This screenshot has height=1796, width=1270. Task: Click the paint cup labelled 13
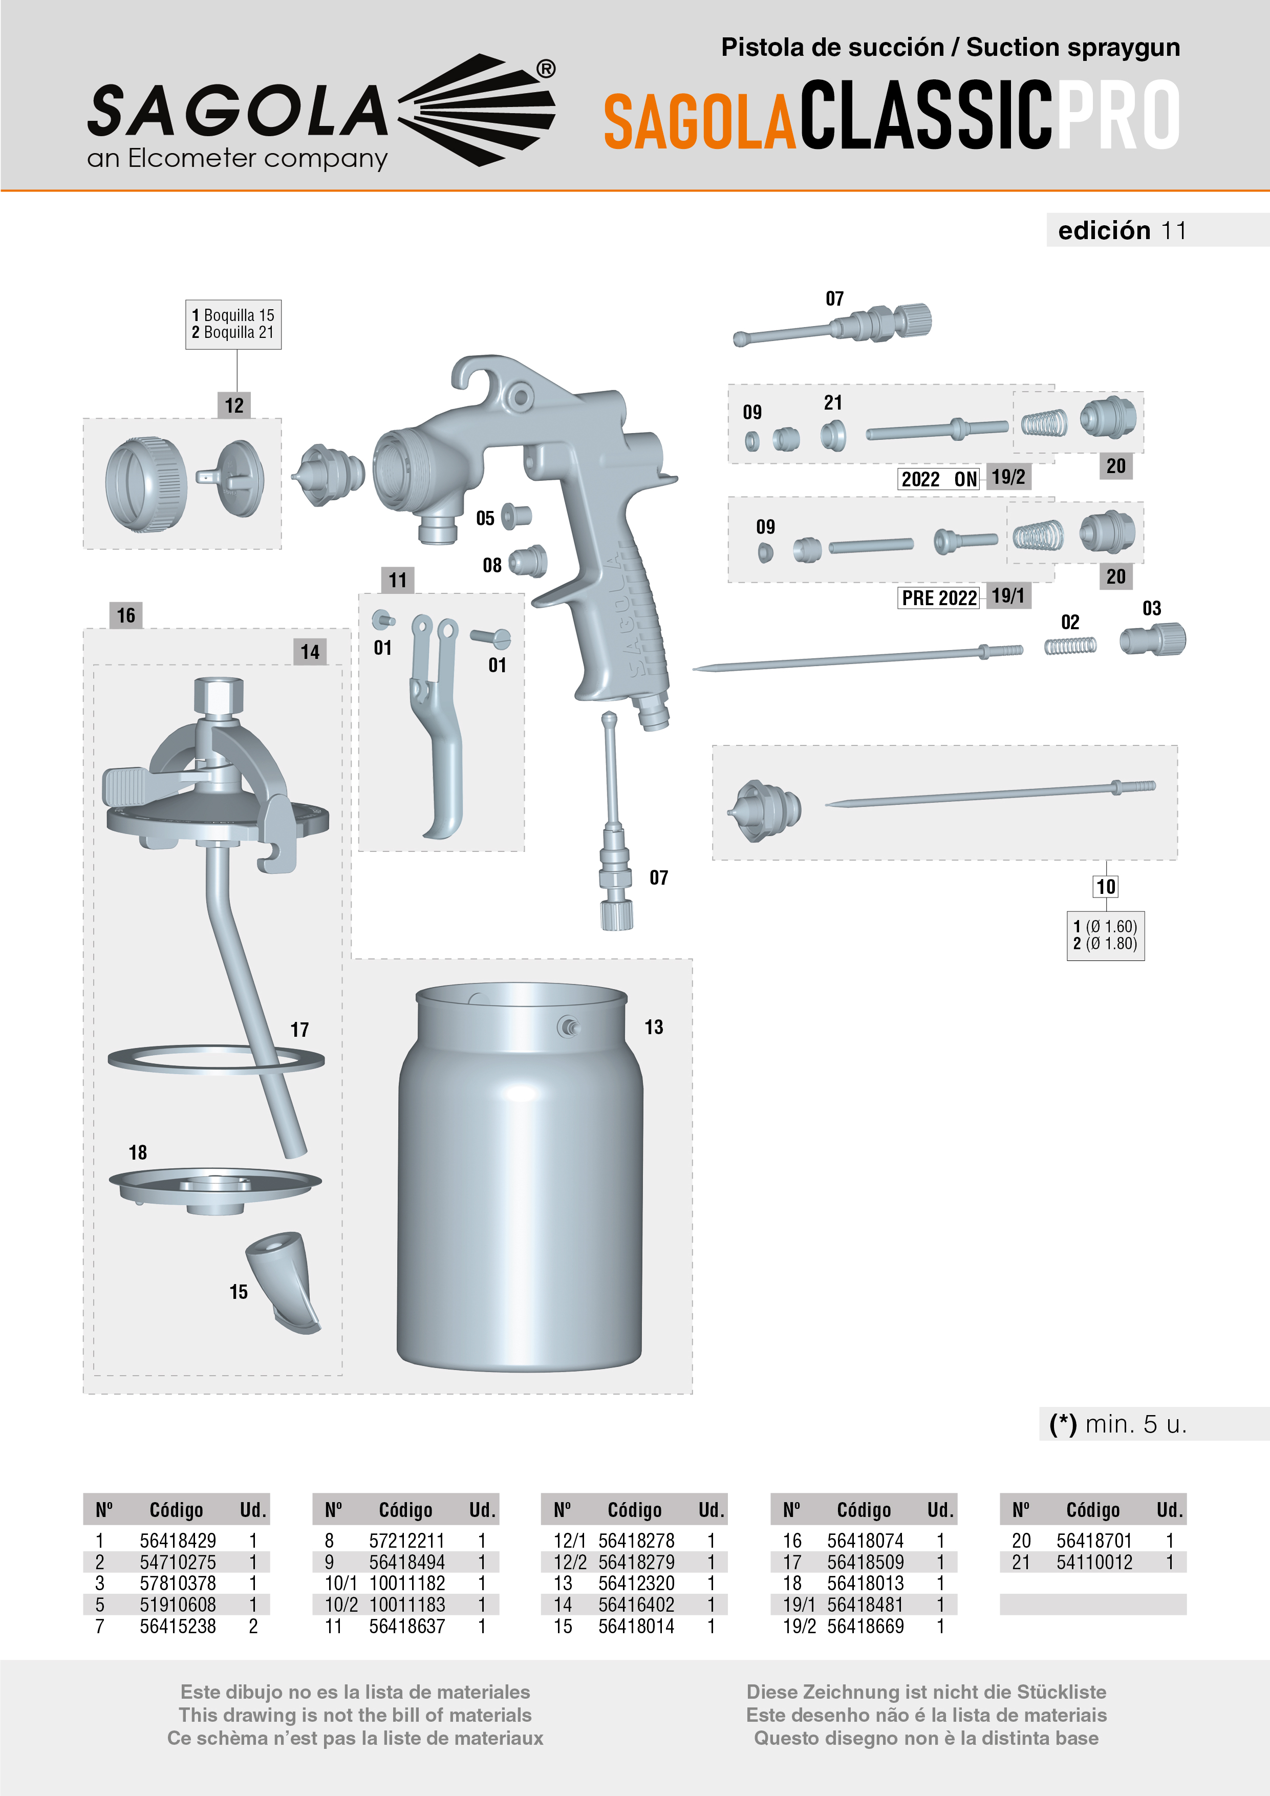(x=520, y=1181)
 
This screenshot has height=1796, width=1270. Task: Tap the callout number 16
(x=126, y=615)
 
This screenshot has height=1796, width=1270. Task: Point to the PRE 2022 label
(x=938, y=598)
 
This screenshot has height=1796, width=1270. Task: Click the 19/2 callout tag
(x=1008, y=477)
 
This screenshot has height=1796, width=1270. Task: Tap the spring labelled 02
(x=1070, y=646)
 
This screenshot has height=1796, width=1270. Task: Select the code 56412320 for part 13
(x=636, y=1583)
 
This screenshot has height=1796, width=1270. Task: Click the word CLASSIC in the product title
(x=926, y=115)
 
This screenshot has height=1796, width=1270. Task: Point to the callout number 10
(x=1105, y=886)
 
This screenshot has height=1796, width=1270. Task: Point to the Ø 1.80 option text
(x=1110, y=944)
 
